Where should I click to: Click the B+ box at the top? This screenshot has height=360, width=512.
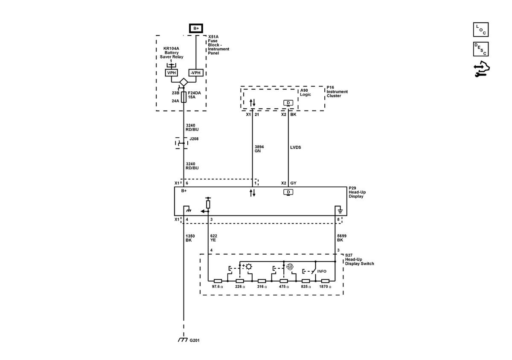tap(196, 28)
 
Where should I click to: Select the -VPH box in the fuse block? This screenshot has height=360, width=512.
tap(196, 73)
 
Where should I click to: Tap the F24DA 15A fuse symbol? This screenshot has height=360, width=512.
tap(183, 97)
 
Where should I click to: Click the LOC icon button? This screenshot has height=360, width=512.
tap(481, 29)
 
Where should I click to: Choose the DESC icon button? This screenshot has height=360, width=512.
tap(481, 49)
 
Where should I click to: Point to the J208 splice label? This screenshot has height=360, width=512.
tap(194, 139)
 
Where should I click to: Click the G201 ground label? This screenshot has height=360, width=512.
tap(195, 340)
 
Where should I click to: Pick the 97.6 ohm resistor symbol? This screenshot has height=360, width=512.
tap(218, 281)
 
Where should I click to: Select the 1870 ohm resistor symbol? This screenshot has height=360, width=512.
tap(325, 281)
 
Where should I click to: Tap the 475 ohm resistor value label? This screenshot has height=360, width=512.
tap(284, 287)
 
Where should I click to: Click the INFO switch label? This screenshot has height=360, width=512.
tap(322, 271)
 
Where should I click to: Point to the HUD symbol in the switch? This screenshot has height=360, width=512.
tap(290, 267)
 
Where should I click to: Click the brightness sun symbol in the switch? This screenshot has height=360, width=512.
tap(249, 267)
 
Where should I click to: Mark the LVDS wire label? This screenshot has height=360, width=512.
tap(296, 148)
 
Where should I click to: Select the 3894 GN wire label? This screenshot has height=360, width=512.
tap(259, 149)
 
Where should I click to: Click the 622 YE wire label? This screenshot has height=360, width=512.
tap(213, 238)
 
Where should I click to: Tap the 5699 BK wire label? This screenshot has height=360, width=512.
tap(342, 238)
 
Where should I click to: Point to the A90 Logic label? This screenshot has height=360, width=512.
tap(305, 92)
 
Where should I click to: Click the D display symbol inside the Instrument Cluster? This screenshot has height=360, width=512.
tap(288, 103)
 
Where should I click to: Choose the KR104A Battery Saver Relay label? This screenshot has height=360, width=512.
tap(172, 52)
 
